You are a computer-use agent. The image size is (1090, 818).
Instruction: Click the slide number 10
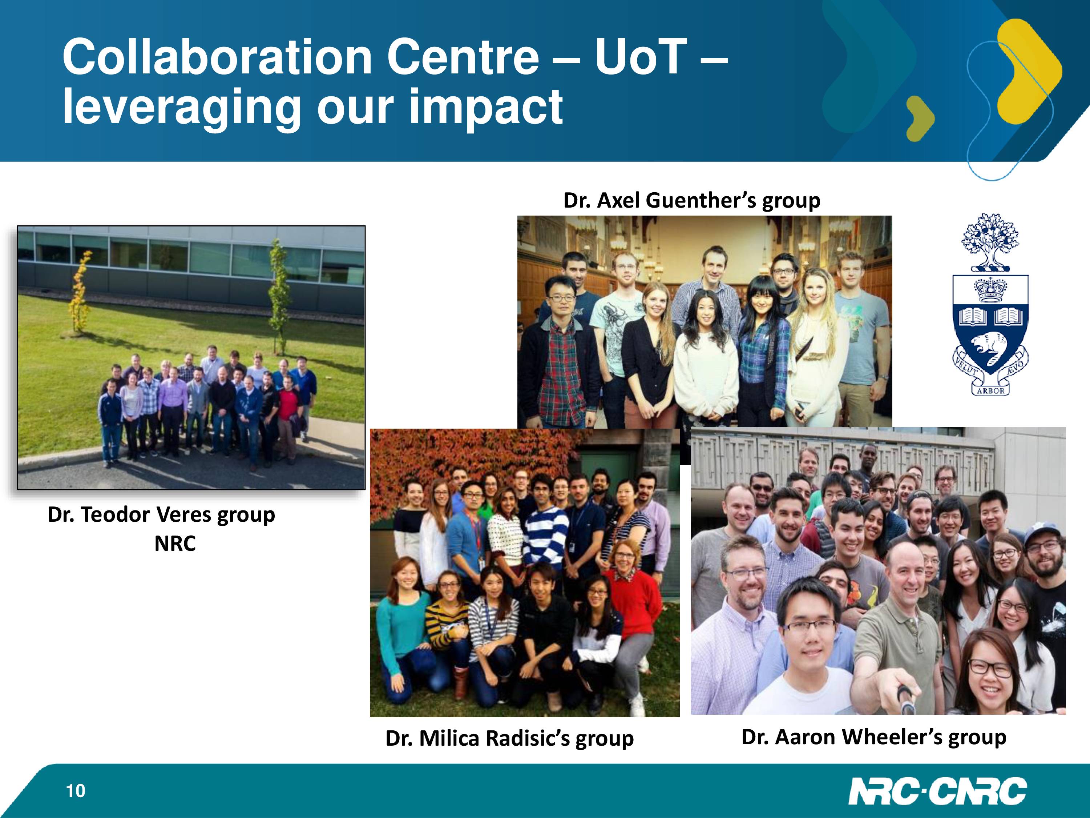click(76, 791)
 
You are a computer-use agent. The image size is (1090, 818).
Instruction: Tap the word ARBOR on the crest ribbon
click(990, 390)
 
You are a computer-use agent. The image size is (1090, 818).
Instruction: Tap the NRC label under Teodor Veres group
click(175, 544)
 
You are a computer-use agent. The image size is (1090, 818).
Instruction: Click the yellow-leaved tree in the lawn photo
click(80, 291)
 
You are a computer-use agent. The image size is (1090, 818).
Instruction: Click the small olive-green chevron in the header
click(920, 118)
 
